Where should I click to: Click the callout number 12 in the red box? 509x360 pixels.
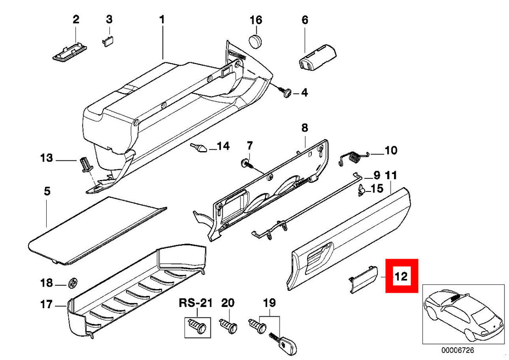(401, 277)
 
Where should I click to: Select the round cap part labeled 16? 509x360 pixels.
(255, 41)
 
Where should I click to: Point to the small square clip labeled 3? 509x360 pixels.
(108, 40)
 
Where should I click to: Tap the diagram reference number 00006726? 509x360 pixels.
(457, 351)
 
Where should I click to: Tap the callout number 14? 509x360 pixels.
(223, 146)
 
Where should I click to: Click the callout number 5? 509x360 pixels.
(47, 191)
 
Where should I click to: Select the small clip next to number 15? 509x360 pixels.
(362, 190)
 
